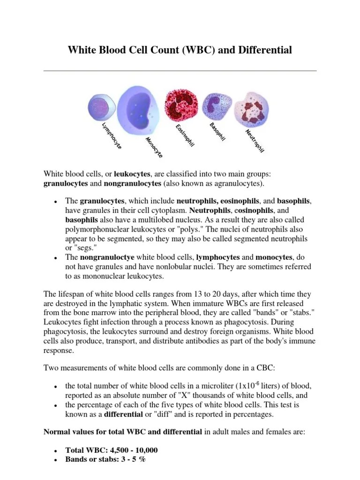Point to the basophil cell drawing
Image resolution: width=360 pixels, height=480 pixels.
point(214,106)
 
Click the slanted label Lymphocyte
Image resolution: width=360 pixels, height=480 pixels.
point(112,136)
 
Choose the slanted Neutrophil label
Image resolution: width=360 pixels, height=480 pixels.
point(255,141)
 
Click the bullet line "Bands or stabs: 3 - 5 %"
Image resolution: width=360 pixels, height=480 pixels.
point(105,459)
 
